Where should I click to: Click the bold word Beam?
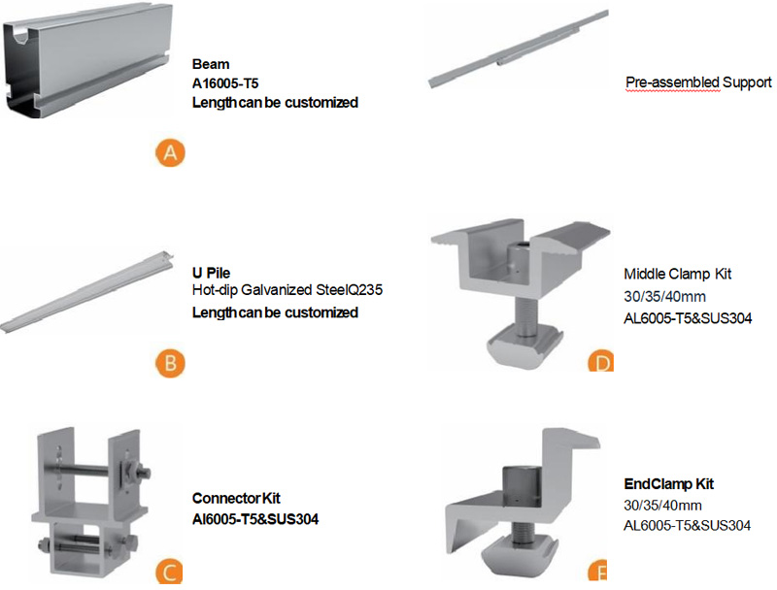(211, 64)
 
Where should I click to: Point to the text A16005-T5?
(225, 83)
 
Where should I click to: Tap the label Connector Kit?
(236, 499)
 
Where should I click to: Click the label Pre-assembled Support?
(698, 83)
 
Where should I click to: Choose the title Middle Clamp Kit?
(676, 274)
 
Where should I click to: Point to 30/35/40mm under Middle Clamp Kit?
(661, 297)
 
